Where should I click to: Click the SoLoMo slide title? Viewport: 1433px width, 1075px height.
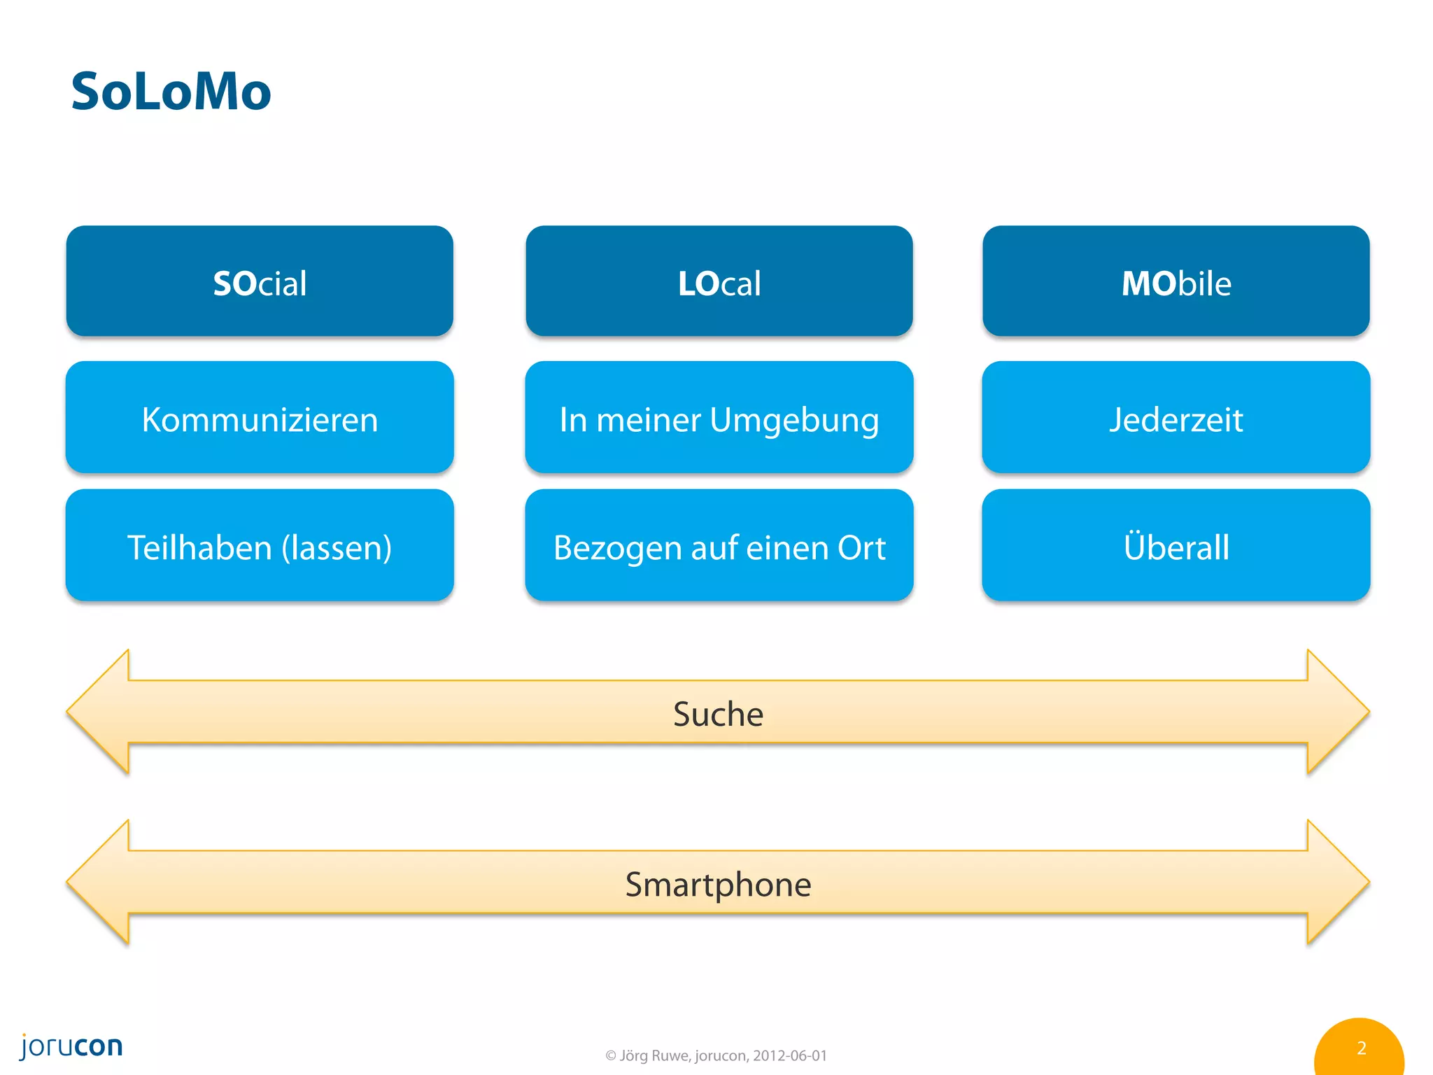click(171, 92)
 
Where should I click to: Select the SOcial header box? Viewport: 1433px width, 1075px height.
click(260, 281)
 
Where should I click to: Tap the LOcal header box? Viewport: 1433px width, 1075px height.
click(719, 281)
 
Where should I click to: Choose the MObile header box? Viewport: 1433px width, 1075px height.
click(1176, 281)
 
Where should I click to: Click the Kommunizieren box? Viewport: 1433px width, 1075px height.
click(260, 418)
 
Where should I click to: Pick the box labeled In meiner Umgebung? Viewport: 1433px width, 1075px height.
click(719, 418)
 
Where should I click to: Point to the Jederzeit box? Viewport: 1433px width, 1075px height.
click(1176, 418)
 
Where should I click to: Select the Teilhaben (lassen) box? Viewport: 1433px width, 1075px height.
click(260, 546)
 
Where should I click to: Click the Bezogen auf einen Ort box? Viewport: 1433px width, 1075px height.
click(719, 546)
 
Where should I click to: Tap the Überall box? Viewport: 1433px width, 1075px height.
click(1176, 546)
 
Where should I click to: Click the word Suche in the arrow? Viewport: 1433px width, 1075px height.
click(718, 714)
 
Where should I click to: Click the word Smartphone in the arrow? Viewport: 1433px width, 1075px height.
click(718, 884)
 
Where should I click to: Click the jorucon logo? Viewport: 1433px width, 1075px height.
click(71, 1046)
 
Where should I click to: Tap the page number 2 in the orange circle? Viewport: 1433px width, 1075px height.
click(1361, 1048)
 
